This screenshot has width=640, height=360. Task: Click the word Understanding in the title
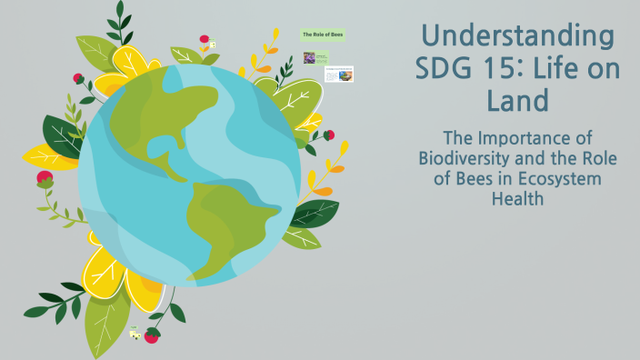tap(518, 37)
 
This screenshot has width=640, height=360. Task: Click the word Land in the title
tap(517, 100)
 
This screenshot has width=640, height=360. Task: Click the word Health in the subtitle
tap(517, 197)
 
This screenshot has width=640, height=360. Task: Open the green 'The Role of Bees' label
tap(322, 35)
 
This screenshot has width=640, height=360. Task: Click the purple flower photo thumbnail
tap(309, 57)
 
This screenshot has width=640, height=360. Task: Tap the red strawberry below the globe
tap(152, 335)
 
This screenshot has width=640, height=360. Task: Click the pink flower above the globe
tap(205, 40)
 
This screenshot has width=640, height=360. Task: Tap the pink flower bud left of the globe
tap(45, 177)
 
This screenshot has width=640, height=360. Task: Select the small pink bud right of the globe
tap(329, 135)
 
